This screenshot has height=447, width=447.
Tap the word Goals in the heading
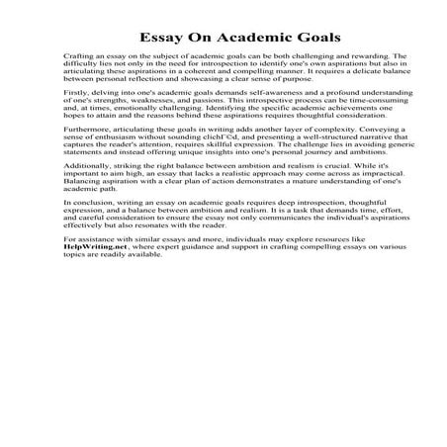(x=313, y=38)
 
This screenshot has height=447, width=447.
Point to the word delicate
(x=336, y=78)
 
